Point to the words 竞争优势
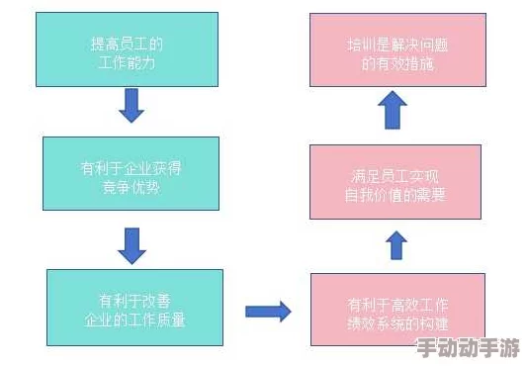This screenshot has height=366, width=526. [x=131, y=184]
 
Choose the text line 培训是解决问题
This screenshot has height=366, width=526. [x=395, y=44]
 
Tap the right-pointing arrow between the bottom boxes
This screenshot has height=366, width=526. [x=267, y=311]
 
